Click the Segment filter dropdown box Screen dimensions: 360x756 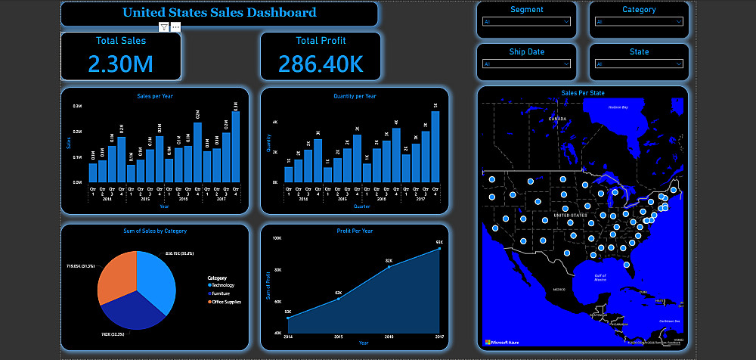pos(526,22)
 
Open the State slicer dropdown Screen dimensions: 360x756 pos(639,64)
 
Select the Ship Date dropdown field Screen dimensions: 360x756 pos(526,64)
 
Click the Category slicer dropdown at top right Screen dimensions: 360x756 pos(639,22)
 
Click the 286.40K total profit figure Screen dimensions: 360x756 pos(321,64)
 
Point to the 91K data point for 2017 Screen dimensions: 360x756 pos(439,249)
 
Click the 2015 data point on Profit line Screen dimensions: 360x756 pos(338,299)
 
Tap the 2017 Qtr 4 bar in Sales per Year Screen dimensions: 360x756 pos(236,147)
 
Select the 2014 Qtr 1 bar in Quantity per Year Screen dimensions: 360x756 pos(288,174)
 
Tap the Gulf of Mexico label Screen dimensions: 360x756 pos(601,278)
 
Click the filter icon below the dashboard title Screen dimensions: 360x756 pos(164,27)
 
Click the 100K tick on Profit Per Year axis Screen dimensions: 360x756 pos(277,238)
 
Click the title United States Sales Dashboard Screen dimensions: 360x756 pos(219,13)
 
